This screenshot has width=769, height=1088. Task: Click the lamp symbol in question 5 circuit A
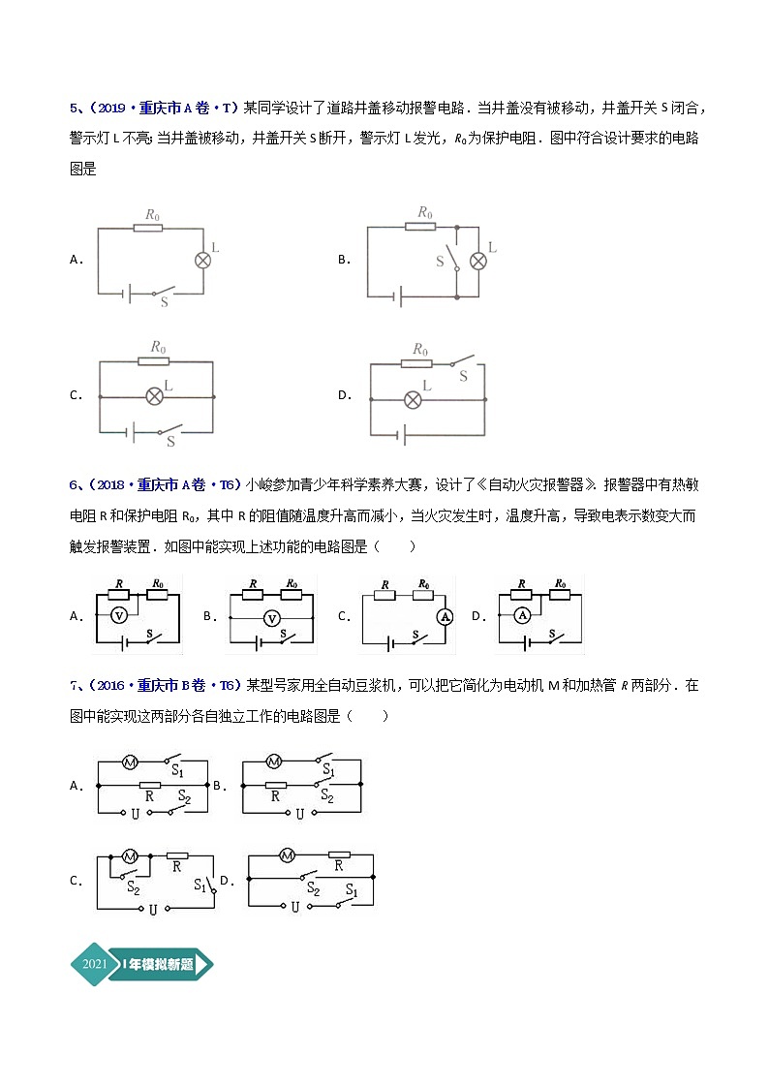(203, 260)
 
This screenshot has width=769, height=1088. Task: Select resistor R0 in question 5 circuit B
(420, 228)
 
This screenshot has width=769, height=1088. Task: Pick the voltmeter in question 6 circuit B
(272, 618)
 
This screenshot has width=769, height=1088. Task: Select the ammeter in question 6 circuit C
(446, 615)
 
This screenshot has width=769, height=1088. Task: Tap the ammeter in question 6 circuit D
(522, 614)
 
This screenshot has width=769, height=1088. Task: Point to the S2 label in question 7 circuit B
(327, 797)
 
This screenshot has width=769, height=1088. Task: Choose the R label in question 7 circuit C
(176, 868)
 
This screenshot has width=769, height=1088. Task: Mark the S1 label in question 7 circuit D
(351, 888)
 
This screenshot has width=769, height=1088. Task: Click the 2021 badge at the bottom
(95, 964)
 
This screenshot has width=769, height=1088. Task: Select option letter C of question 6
(343, 616)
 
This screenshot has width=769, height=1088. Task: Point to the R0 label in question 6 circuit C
(423, 584)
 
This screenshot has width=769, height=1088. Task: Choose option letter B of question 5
(343, 260)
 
